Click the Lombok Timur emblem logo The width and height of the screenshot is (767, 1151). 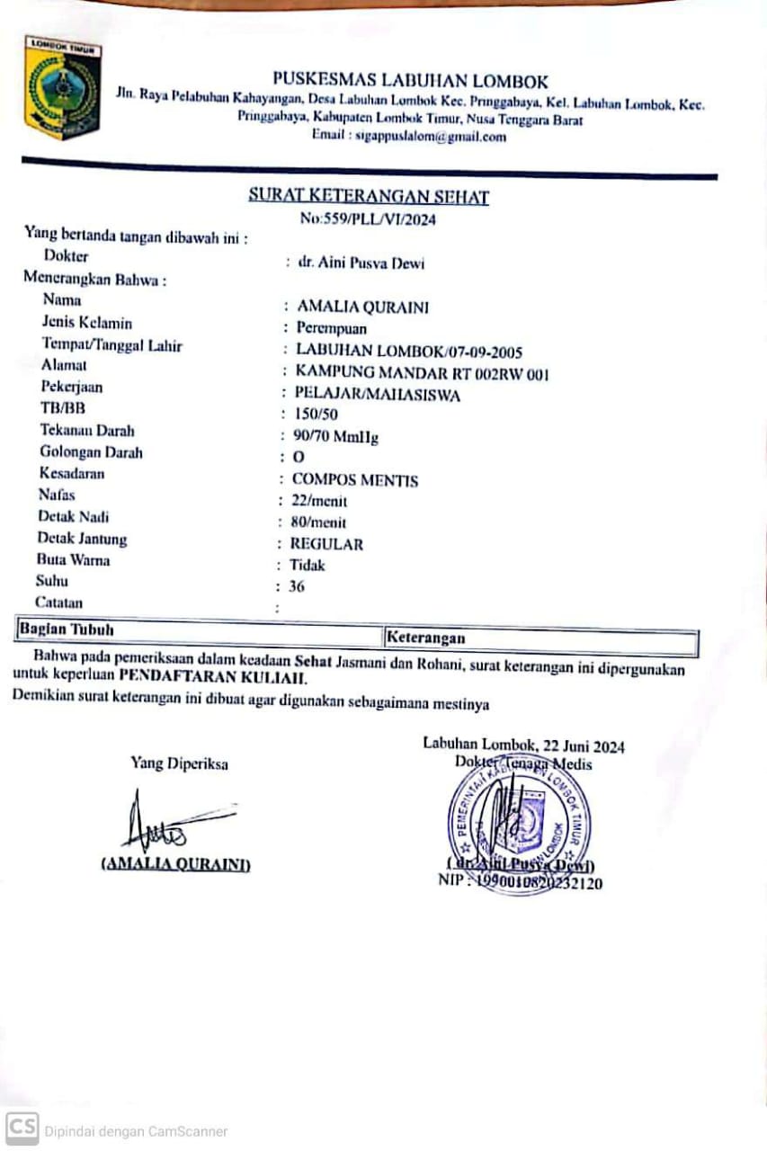[63, 87]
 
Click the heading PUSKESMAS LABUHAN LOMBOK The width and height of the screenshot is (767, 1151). [410, 81]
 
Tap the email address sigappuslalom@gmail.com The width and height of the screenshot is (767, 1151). [409, 137]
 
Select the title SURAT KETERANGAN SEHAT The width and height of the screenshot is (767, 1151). [369, 197]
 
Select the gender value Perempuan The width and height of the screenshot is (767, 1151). [332, 328]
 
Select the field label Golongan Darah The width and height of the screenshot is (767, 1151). [91, 452]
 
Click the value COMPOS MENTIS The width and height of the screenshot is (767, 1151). [355, 480]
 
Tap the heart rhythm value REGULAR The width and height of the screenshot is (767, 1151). [326, 544]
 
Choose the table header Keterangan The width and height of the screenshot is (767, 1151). [425, 638]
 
